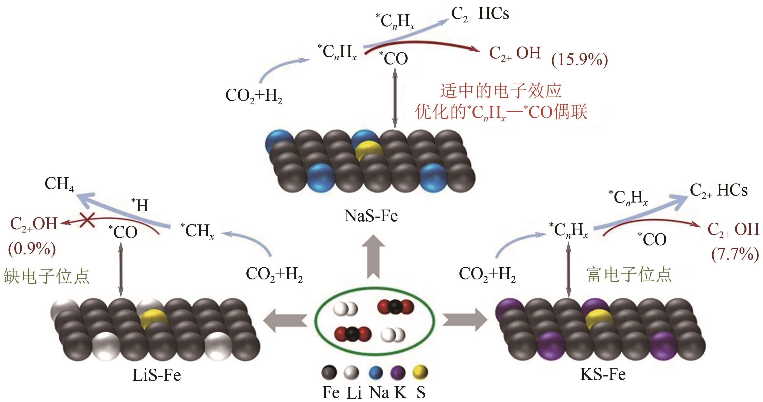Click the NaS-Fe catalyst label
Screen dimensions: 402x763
pos(371,216)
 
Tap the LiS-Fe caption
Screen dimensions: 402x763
pos(156,375)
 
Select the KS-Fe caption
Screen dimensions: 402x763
pos(603,374)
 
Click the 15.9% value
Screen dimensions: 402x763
pos(579,60)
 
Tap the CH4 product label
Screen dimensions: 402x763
pos(59,184)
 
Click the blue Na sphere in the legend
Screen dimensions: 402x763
pos(376,373)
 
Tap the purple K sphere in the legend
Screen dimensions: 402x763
pos(397,373)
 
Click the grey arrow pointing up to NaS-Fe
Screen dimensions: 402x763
pos(373,257)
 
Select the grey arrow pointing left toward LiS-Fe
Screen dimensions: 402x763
pos(284,320)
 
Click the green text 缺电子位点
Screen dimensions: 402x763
pos(46,276)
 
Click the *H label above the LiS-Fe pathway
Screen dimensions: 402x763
pos(140,205)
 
